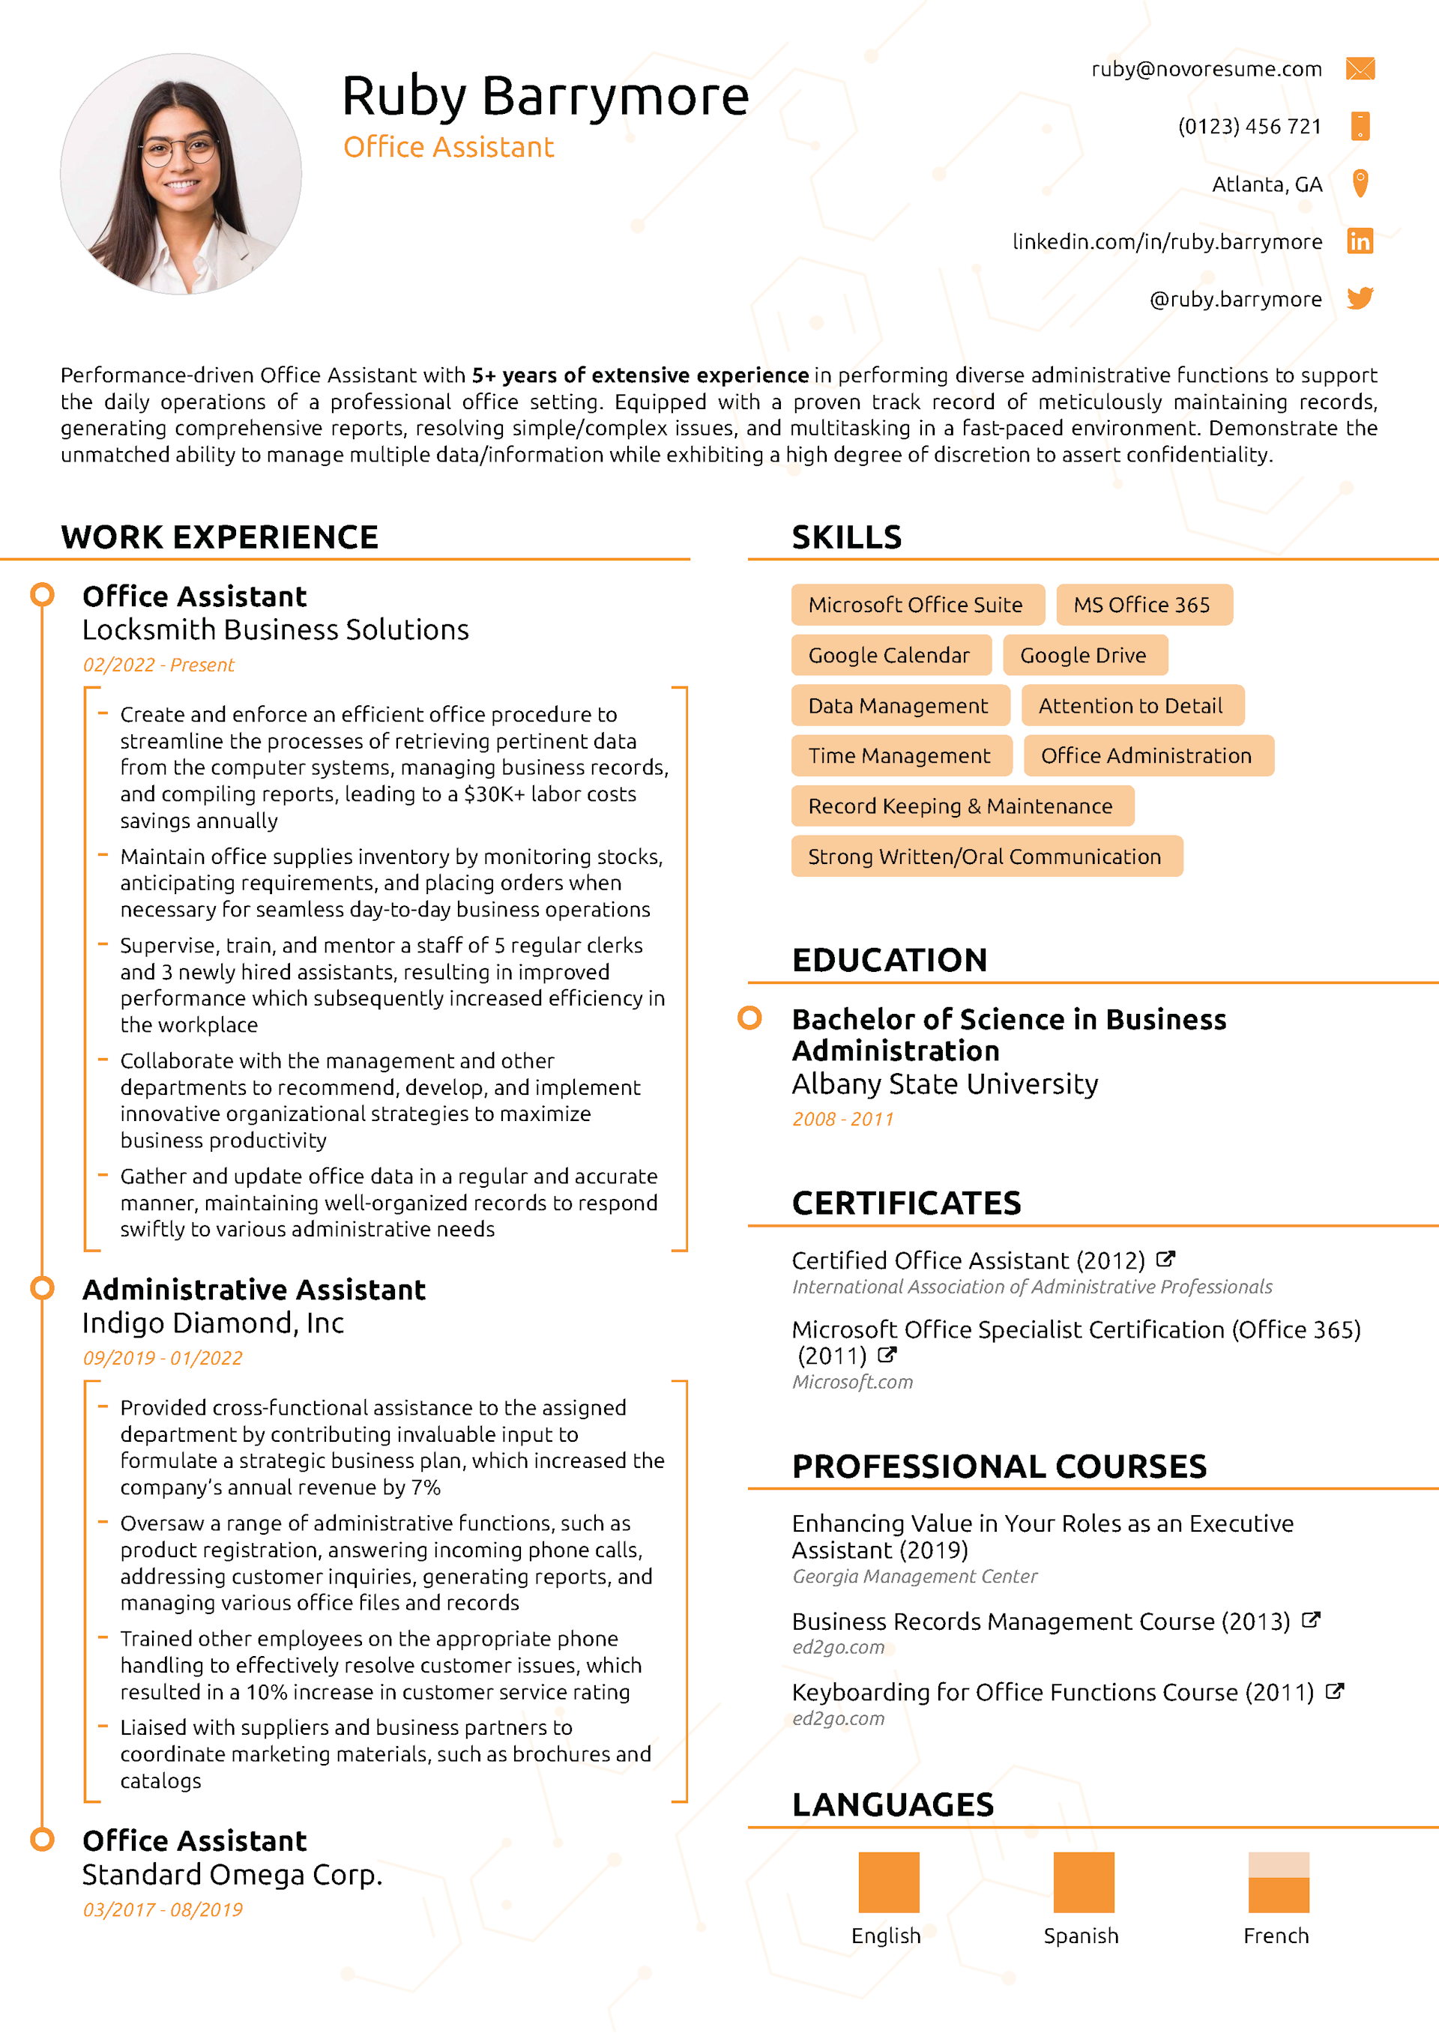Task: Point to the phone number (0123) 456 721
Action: point(1249,127)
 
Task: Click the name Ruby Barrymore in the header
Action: point(545,96)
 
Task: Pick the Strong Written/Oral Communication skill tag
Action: point(985,857)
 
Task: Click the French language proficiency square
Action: point(1278,1882)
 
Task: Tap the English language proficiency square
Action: point(888,1882)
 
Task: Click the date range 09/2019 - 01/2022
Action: point(163,1358)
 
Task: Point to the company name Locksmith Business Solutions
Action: point(275,629)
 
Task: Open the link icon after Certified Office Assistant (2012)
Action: point(1165,1259)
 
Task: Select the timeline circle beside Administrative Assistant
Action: point(42,1287)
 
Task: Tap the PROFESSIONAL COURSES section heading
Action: point(999,1466)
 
